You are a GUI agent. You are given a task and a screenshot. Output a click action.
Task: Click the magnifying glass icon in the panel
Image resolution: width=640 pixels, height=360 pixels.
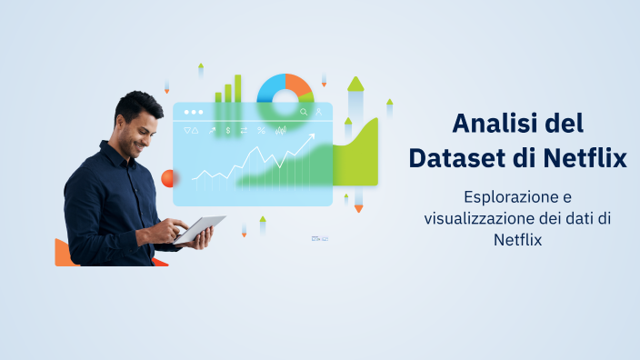point(304,113)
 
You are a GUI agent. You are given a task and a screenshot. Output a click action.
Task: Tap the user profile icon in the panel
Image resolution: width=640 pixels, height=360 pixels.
point(319,113)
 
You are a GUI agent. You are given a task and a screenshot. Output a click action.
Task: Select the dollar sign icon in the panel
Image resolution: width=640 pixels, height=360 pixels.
point(228,131)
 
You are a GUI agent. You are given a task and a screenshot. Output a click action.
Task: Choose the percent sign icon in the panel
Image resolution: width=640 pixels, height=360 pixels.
point(261,131)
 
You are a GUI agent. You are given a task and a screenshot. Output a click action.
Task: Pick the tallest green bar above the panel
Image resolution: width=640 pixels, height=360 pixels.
point(238,88)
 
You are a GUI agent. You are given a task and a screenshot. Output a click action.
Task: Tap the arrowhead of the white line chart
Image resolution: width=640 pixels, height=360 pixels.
point(312,138)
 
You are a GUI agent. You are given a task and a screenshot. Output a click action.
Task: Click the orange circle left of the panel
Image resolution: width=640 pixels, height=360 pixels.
point(166,177)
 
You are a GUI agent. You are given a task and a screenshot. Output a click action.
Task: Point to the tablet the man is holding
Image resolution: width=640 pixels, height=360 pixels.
point(201,228)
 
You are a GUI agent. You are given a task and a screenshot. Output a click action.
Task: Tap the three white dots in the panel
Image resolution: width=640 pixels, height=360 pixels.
point(194,113)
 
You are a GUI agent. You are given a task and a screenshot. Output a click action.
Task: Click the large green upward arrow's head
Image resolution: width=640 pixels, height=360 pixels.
point(355,84)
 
